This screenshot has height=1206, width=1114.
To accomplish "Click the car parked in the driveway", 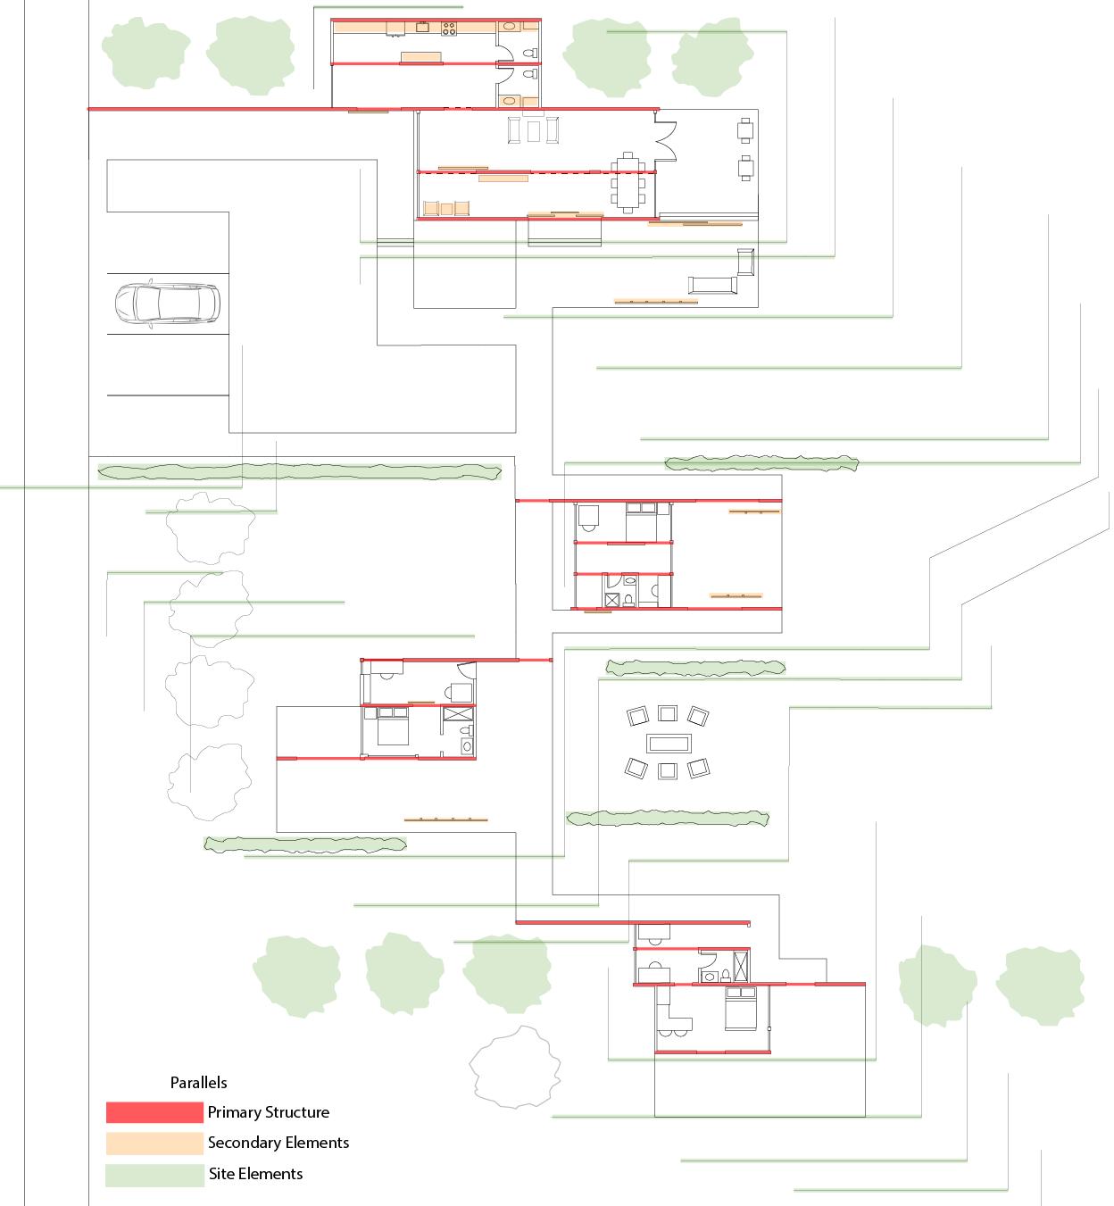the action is [166, 303].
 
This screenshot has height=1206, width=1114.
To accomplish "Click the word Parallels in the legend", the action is [198, 1082].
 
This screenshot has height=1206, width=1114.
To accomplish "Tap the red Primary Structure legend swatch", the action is [154, 1112].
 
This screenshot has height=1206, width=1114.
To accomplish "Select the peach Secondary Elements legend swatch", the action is [154, 1144].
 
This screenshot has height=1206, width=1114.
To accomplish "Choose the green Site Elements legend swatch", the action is [154, 1175].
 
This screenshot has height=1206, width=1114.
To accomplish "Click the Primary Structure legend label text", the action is [268, 1112].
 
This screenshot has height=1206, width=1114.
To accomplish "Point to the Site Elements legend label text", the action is [255, 1174].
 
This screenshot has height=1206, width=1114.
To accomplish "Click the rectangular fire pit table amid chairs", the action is [668, 743].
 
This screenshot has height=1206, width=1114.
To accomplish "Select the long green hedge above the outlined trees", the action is [299, 471].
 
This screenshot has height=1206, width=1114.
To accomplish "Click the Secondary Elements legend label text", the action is [278, 1143].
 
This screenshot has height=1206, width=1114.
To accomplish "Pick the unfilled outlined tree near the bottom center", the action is [516, 1068].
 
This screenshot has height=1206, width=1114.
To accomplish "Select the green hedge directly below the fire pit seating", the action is [668, 818].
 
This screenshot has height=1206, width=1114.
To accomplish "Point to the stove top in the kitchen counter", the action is [448, 29].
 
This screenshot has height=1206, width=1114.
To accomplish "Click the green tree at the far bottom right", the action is [1039, 985].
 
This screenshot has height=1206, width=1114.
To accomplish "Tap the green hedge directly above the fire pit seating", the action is [695, 667].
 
